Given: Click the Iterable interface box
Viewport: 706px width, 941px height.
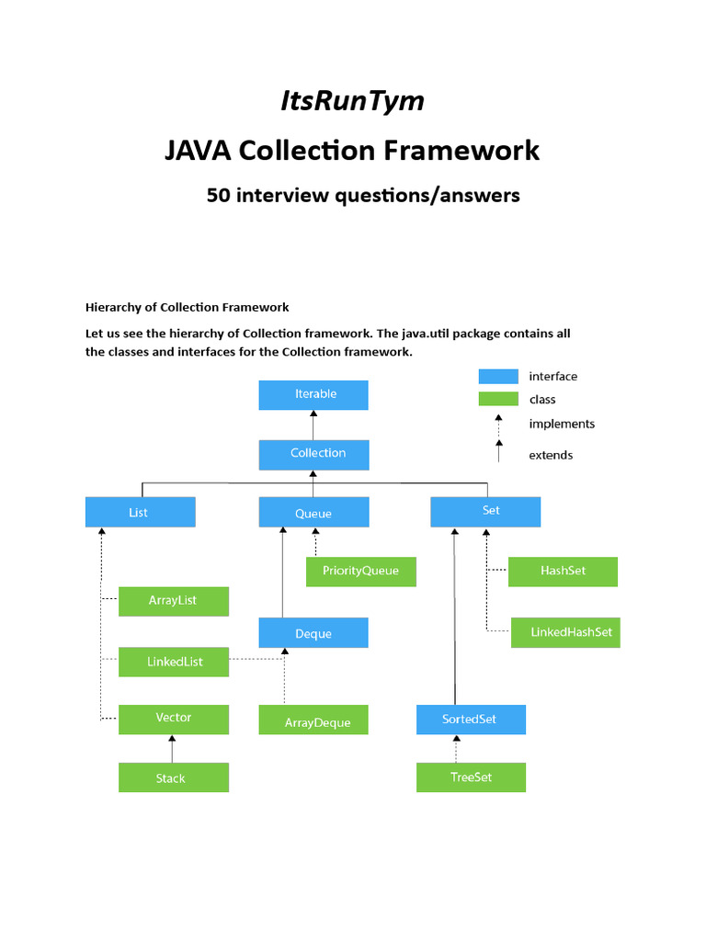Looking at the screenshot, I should click(x=313, y=395).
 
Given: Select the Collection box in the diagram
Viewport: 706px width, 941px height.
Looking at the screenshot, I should click(x=313, y=454).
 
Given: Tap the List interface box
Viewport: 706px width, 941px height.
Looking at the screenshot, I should click(x=140, y=512).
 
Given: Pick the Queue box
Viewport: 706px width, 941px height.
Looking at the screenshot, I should click(x=313, y=513).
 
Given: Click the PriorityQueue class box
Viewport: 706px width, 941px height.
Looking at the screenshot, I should click(x=360, y=572).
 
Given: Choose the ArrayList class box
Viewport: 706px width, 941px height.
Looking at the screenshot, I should click(x=173, y=601).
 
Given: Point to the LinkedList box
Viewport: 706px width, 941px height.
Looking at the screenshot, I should click(x=174, y=662).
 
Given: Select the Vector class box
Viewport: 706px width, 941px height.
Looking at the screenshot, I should click(x=174, y=719).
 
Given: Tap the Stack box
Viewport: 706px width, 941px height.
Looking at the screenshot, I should click(x=173, y=777).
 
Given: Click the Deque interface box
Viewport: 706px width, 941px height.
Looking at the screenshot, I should click(x=313, y=633).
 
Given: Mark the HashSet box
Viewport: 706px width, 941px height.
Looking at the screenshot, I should click(x=563, y=572).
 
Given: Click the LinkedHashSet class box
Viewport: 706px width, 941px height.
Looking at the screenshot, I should click(x=565, y=632).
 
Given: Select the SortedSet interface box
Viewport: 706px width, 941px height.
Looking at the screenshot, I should click(x=471, y=720).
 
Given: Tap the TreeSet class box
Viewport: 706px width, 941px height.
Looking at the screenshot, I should click(x=471, y=777).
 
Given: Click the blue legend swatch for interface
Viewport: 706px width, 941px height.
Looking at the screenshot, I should click(x=498, y=377).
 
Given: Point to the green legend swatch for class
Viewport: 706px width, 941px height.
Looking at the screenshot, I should click(x=498, y=399).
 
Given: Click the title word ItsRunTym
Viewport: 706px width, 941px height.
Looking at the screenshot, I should click(x=352, y=100).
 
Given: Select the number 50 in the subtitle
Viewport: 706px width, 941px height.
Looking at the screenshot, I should click(x=219, y=195).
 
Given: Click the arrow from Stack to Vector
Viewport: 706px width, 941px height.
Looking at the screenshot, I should click(x=173, y=749).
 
